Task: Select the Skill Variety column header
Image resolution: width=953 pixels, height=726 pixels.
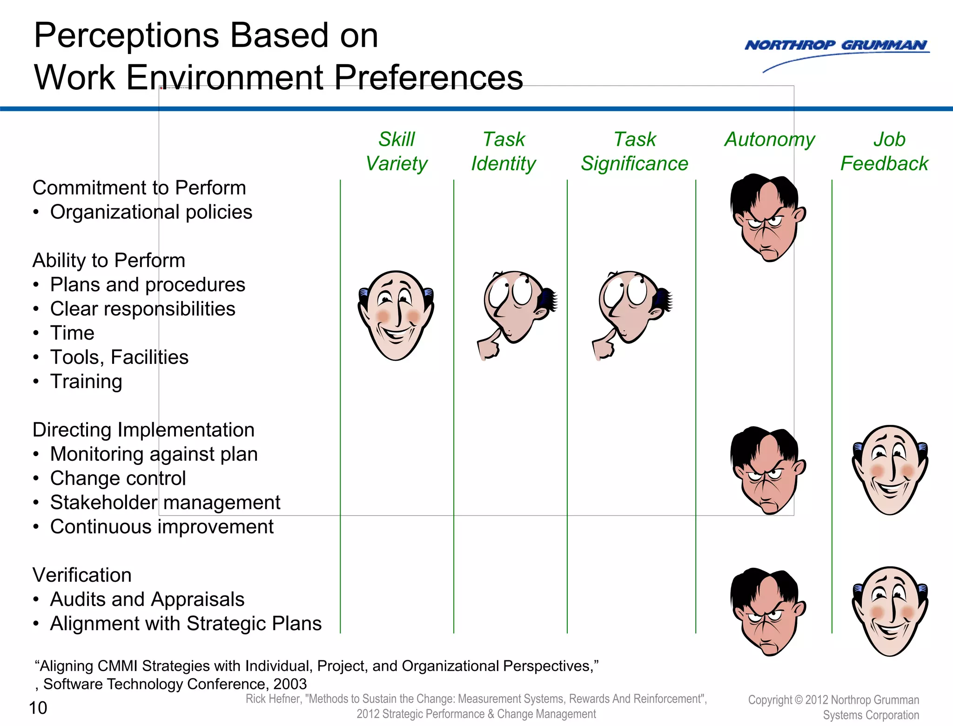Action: click(x=396, y=151)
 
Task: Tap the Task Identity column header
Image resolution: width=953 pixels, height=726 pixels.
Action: click(x=503, y=151)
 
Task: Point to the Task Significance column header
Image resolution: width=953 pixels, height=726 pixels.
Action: click(x=634, y=151)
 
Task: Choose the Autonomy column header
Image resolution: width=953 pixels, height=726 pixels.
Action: click(x=770, y=140)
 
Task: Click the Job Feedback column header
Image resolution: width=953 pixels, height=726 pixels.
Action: click(x=884, y=151)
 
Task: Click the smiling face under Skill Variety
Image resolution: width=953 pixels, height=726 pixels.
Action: click(x=396, y=316)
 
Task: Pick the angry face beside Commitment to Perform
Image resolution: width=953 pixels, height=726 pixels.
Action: click(x=768, y=218)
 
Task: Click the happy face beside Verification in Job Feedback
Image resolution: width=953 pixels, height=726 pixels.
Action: click(x=890, y=611)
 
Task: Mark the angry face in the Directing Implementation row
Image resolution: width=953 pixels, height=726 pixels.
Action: click(x=768, y=470)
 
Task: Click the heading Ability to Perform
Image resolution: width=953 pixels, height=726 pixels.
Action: click(x=109, y=260)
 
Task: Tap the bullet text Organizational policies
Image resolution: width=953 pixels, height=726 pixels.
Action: click(x=151, y=212)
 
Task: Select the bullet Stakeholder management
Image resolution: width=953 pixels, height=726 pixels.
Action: click(x=165, y=503)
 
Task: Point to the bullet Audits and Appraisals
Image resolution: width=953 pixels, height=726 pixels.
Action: click(x=147, y=599)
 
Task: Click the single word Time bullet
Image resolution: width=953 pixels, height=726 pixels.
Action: click(x=72, y=333)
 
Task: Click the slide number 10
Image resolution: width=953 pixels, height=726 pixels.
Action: click(x=38, y=708)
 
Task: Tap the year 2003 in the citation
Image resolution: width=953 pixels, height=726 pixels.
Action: click(x=290, y=684)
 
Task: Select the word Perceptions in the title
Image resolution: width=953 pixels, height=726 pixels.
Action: click(x=126, y=35)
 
